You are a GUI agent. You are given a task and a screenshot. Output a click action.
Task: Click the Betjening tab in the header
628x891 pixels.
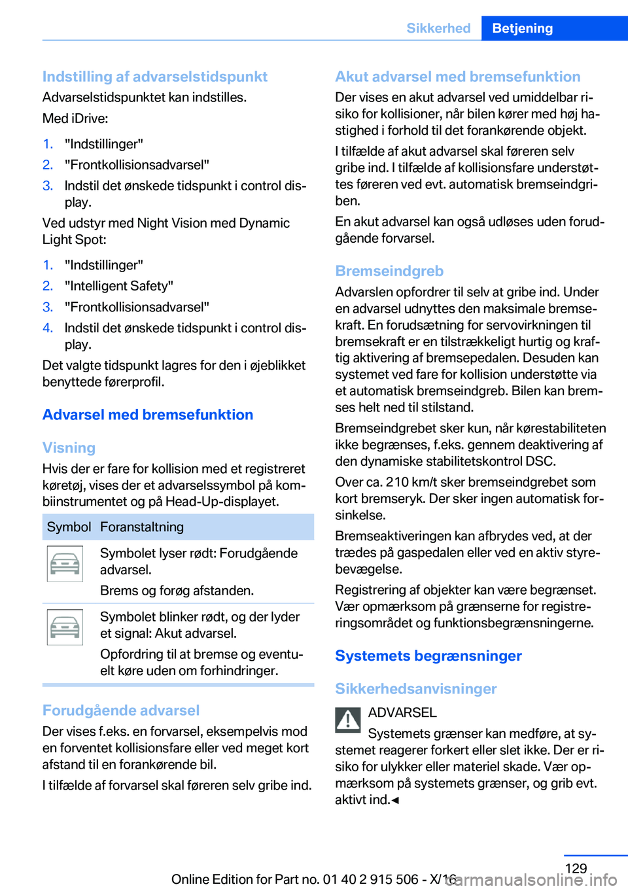point(522,28)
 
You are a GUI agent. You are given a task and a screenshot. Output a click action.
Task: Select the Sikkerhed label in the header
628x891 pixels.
point(438,28)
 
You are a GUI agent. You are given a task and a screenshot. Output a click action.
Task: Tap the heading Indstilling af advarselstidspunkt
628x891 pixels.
point(155,77)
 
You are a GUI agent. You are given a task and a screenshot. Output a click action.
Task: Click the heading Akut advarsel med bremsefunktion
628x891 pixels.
point(457,77)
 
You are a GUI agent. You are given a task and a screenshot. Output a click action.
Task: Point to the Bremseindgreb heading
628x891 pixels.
point(389,271)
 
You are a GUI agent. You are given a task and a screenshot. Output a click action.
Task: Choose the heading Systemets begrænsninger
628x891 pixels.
point(428,655)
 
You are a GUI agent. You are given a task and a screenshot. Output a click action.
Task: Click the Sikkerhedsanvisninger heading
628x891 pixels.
point(415,689)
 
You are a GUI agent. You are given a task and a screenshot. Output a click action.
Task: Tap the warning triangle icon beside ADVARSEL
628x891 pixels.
point(348,720)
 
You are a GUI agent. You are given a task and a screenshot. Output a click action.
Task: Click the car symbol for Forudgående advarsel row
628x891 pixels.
point(65,564)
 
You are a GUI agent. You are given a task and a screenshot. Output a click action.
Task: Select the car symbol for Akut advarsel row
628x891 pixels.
point(65,627)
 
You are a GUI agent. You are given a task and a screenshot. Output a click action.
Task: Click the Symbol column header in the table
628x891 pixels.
point(69,527)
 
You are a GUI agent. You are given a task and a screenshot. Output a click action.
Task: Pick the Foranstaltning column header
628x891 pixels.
point(142,527)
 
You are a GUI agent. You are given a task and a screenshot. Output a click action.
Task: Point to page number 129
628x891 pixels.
point(576,868)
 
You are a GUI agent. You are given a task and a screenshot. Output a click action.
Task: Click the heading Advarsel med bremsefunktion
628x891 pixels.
point(148,415)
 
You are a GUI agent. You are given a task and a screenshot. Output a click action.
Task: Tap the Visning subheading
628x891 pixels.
point(69,448)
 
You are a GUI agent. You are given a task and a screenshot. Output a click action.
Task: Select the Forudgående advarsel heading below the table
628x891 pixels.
point(121,710)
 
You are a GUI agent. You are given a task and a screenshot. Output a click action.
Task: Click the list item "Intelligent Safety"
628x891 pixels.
point(119,286)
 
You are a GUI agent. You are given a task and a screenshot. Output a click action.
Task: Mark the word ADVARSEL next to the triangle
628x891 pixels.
point(402,712)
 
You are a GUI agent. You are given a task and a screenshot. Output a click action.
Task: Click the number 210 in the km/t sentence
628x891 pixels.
point(397,482)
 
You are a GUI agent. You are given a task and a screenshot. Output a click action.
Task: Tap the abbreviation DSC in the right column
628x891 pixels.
point(540,461)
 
